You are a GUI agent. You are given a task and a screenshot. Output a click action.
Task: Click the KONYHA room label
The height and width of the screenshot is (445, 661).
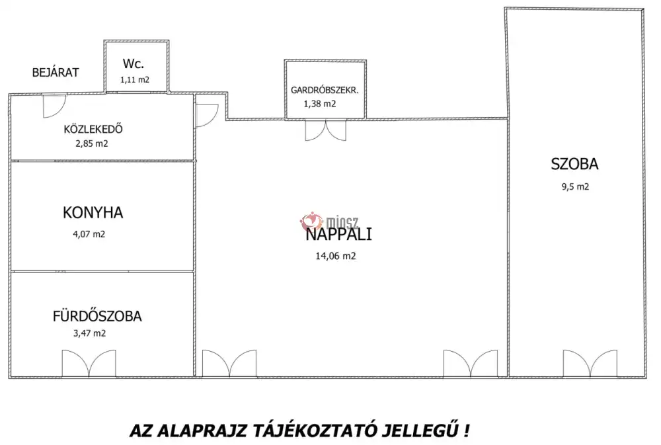tap(93, 213)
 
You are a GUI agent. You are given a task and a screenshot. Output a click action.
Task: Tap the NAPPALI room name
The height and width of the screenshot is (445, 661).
tap(339, 234)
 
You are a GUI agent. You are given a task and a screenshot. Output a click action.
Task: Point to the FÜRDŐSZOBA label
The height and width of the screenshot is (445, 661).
tap(97, 316)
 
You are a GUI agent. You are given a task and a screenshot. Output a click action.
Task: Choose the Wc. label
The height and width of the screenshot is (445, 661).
tap(134, 64)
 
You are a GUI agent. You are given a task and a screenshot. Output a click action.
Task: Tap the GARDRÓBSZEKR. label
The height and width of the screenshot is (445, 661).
tap(325, 90)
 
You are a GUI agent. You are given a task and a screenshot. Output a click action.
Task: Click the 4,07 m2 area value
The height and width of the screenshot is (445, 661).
tap(89, 233)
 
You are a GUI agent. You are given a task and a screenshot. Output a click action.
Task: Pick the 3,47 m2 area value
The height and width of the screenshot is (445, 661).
tap(89, 333)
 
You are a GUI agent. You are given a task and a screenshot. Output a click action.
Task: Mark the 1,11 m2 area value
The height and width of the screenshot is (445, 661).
tap(134, 79)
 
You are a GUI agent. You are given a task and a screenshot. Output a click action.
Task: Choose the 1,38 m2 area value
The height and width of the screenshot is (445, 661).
tap(320, 104)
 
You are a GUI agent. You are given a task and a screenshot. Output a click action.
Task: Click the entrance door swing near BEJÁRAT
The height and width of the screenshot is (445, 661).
tap(53, 106)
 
